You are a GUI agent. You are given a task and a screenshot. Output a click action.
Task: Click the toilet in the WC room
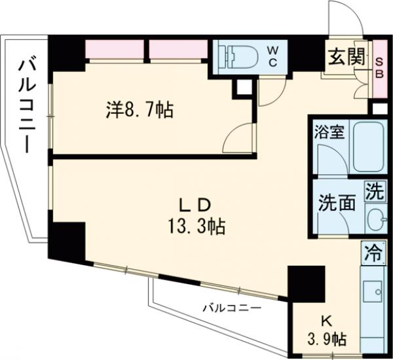(240, 57)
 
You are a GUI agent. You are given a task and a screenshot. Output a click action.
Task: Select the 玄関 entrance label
(345, 57)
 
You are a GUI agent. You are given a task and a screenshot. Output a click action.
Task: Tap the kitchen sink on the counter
(374, 292)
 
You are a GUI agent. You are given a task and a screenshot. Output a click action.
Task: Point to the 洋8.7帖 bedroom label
(140, 110)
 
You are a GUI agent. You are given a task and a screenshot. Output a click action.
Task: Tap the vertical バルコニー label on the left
(27, 105)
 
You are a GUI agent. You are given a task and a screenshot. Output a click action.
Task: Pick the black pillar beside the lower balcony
(305, 281)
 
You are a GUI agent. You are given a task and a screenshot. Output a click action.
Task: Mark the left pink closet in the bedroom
(115, 49)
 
